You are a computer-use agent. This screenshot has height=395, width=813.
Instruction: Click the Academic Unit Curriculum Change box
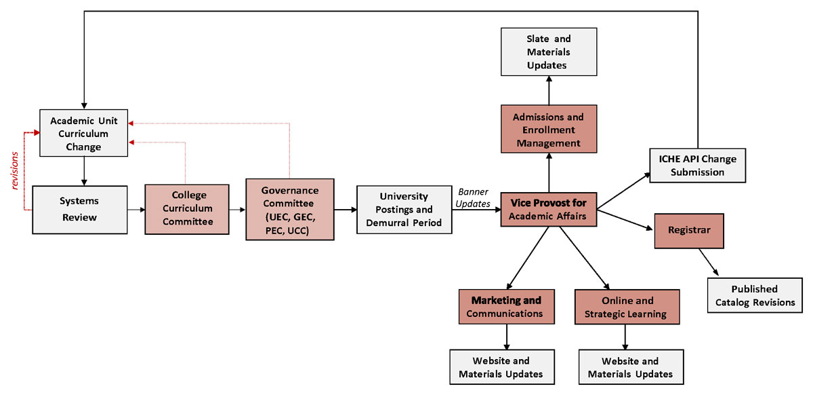(84, 132)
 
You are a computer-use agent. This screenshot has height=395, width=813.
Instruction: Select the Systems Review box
(79, 209)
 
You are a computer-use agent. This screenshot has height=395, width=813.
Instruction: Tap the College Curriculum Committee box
(186, 208)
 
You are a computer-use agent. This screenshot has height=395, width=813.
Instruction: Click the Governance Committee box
(290, 209)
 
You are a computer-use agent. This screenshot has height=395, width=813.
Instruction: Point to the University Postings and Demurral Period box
(404, 209)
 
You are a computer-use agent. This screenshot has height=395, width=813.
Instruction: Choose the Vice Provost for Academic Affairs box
(548, 209)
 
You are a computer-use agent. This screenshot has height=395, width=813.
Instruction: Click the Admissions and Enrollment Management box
(548, 130)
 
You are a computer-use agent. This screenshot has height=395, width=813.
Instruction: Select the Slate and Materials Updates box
(548, 52)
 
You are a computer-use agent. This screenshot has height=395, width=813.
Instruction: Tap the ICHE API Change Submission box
(697, 165)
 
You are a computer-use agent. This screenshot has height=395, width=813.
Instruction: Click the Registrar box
(688, 230)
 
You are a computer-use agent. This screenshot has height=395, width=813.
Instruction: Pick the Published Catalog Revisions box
(755, 295)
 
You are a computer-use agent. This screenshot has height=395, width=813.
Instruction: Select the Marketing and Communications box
(507, 307)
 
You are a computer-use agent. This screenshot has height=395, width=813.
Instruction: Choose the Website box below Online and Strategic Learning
(630, 367)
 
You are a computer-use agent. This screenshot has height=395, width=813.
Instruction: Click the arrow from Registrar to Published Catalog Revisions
(711, 261)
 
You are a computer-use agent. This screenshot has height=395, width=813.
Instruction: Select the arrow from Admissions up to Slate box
(548, 90)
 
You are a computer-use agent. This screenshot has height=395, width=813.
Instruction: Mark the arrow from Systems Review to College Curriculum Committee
(135, 209)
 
